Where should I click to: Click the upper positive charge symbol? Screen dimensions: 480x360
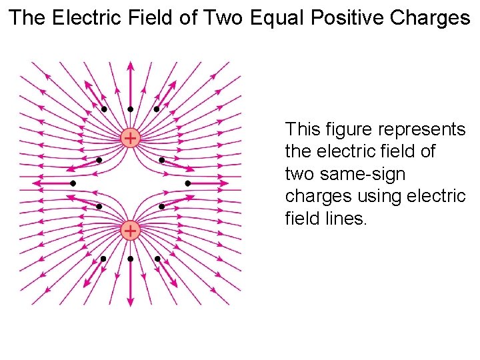(130, 138)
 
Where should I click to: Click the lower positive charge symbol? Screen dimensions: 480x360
(130, 231)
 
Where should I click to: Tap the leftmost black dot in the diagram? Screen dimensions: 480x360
(73, 183)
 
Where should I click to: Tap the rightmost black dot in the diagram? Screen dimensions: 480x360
(188, 183)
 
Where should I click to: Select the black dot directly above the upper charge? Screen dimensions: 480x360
(130, 109)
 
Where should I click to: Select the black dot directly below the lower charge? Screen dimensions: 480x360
(130, 259)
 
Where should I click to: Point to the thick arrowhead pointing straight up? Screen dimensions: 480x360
(130, 66)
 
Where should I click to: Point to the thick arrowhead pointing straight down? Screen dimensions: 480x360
(130, 301)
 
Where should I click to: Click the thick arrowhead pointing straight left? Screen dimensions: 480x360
(37, 183)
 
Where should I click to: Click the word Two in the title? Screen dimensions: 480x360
(224, 18)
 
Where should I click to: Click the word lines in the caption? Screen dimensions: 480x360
(346, 219)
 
